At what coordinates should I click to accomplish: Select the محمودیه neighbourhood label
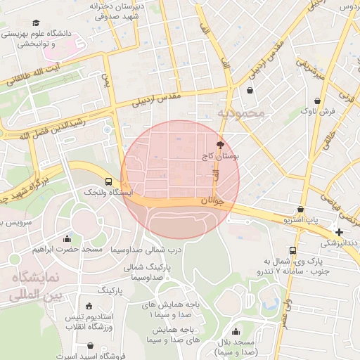[240, 112]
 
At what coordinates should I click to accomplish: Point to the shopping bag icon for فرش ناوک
[319, 101]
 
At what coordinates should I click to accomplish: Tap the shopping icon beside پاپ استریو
[301, 209]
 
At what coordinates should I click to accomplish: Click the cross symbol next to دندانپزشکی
[340, 232]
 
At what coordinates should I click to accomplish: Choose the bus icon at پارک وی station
[292, 250]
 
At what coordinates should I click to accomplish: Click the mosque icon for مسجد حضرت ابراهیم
[67, 238]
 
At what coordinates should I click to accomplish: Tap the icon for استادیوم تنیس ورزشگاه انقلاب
[89, 306]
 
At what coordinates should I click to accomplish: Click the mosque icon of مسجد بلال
[235, 331]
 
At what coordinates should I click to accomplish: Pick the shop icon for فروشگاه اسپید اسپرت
[92, 346]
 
